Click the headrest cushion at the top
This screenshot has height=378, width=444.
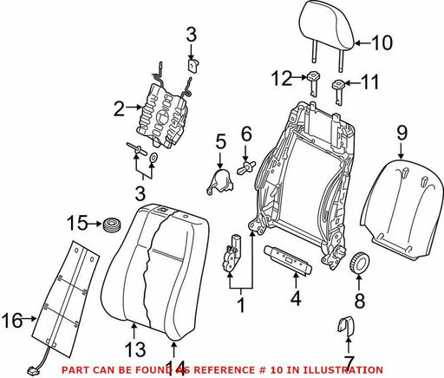point(327,24)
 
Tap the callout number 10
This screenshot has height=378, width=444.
point(382,43)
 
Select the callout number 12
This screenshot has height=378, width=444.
point(282,78)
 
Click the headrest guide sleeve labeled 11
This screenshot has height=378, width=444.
point(337,92)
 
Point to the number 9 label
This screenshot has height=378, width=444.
point(402,133)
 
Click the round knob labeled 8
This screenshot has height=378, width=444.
point(359,262)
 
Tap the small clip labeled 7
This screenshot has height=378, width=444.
point(346,326)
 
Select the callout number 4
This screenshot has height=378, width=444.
point(296,298)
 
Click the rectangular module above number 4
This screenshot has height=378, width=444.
point(288,259)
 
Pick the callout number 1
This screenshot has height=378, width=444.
point(241,305)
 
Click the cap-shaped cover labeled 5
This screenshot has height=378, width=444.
point(220,181)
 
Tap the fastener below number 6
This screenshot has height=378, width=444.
point(246,167)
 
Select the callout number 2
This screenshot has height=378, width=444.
point(119,108)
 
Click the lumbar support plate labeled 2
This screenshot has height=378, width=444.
point(163,114)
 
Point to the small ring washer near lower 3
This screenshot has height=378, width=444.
point(153,158)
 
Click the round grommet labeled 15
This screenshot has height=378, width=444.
point(112,225)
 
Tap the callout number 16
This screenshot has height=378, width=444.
point(12,320)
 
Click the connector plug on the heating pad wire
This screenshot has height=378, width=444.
point(31,370)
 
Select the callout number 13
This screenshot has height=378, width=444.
point(135,349)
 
